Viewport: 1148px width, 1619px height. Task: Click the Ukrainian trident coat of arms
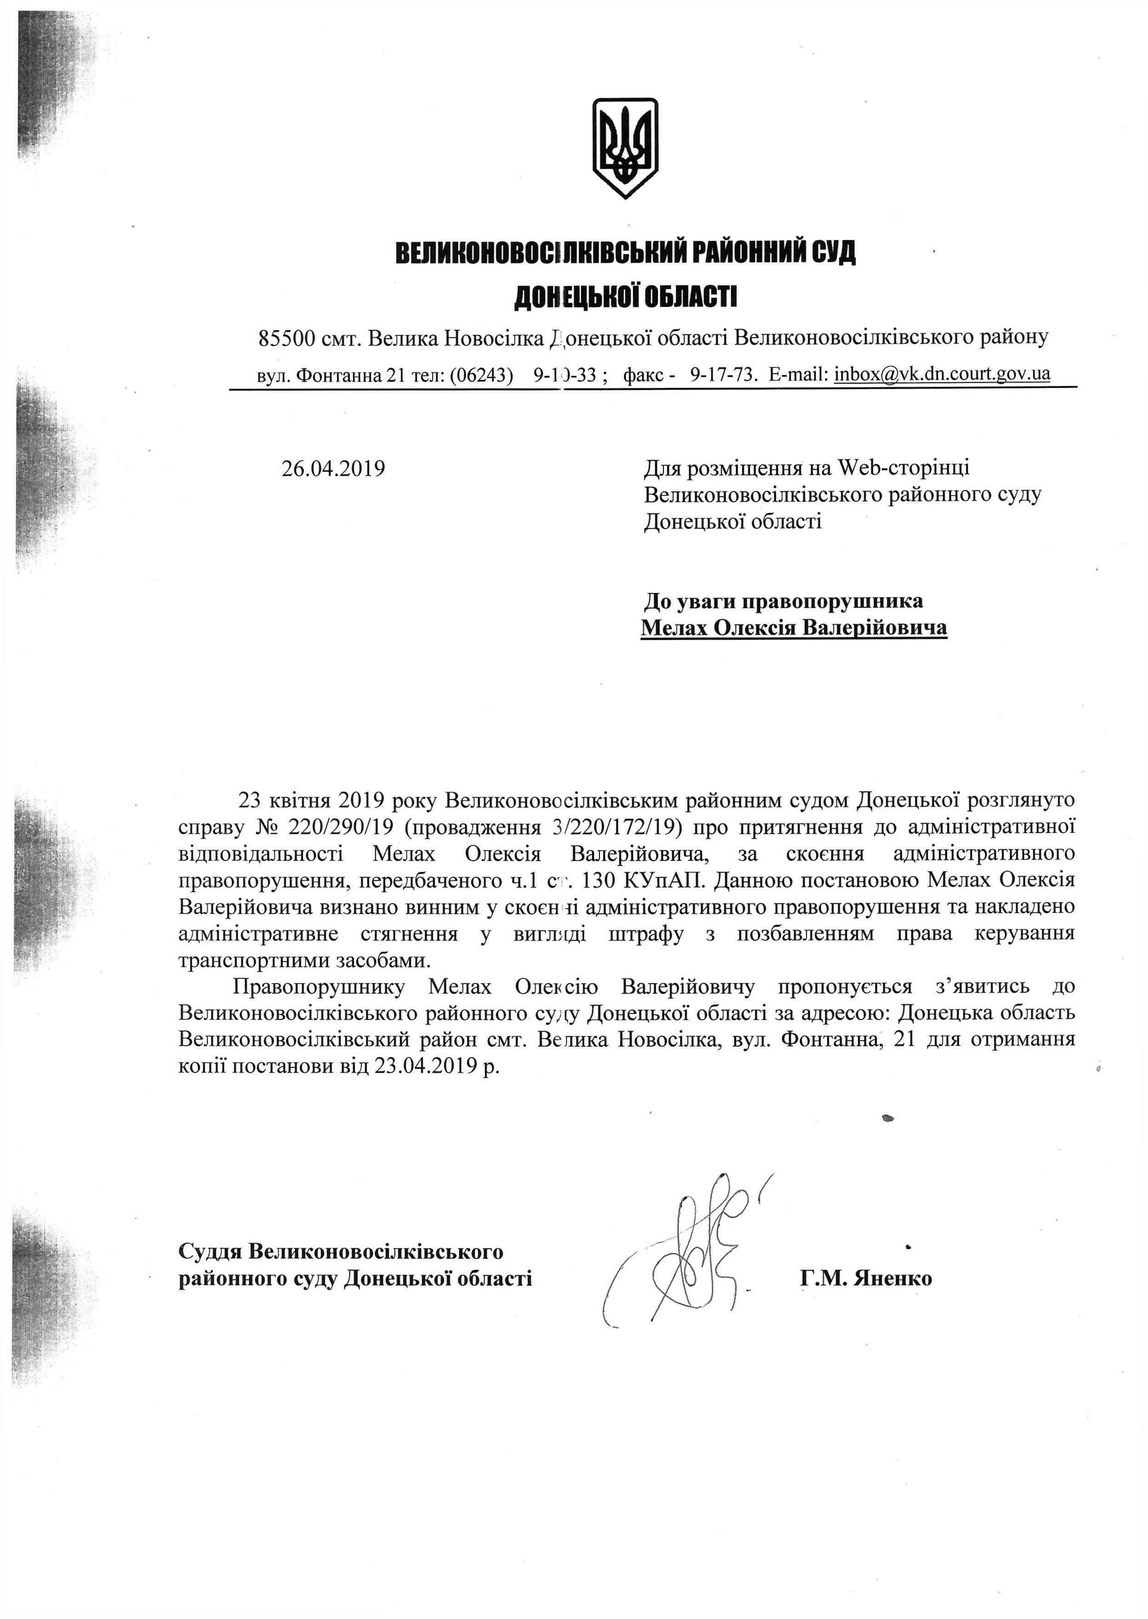click(625, 148)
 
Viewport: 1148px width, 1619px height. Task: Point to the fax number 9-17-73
click(722, 374)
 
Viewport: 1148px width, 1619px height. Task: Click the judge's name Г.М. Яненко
click(866, 1278)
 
